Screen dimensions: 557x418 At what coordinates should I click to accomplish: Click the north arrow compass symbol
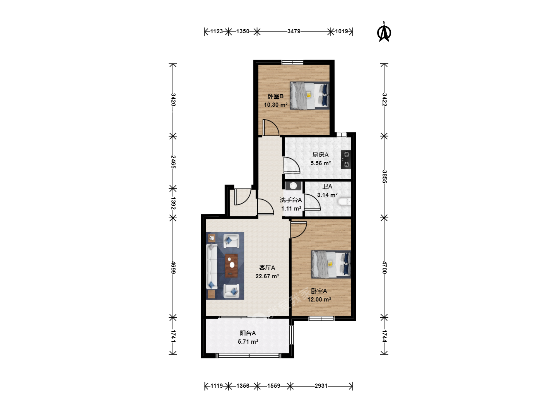pyautogui.click(x=384, y=33)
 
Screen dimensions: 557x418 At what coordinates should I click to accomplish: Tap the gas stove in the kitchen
pyautogui.click(x=346, y=159)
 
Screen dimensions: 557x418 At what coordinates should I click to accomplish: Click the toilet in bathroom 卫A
pyautogui.click(x=345, y=202)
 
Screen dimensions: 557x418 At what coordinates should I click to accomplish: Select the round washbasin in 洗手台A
pyautogui.click(x=293, y=186)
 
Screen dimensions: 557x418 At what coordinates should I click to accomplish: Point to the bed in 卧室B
pyautogui.click(x=309, y=96)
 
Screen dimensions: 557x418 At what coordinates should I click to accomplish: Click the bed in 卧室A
pyautogui.click(x=331, y=264)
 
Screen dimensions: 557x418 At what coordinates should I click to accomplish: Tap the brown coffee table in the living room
pyautogui.click(x=231, y=266)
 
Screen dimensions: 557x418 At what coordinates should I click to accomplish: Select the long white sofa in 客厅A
pyautogui.click(x=212, y=267)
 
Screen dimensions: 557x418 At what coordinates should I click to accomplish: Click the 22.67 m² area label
pyautogui.click(x=267, y=276)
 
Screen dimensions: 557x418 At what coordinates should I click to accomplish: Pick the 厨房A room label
pyautogui.click(x=321, y=154)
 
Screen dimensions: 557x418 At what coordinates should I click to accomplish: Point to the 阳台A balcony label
pyautogui.click(x=248, y=333)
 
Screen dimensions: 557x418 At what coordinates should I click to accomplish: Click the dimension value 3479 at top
pyautogui.click(x=294, y=31)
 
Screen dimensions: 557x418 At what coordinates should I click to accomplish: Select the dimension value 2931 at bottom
pyautogui.click(x=321, y=386)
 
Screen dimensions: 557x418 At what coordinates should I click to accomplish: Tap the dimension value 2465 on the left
pyautogui.click(x=173, y=162)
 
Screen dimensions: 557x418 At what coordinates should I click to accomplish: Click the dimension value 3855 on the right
pyautogui.click(x=384, y=177)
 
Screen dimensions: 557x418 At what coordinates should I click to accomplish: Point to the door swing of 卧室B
pyautogui.click(x=271, y=127)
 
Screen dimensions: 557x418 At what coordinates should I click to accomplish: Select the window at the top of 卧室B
pyautogui.click(x=292, y=62)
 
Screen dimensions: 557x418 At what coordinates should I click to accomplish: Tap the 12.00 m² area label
pyautogui.click(x=319, y=300)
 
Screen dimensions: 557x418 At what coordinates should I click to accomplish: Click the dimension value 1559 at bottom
pyautogui.click(x=273, y=386)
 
